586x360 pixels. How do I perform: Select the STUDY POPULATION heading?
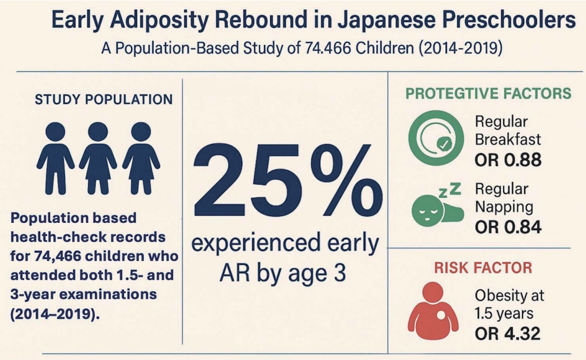(104, 99)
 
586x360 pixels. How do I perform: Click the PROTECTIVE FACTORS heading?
(488, 94)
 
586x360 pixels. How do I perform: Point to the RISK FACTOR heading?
(483, 268)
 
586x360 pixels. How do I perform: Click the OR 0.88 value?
(508, 160)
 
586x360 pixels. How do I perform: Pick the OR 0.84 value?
(508, 227)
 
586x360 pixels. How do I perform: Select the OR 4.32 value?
(508, 333)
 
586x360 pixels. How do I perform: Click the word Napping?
(504, 206)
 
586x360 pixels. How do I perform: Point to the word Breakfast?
(508, 140)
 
